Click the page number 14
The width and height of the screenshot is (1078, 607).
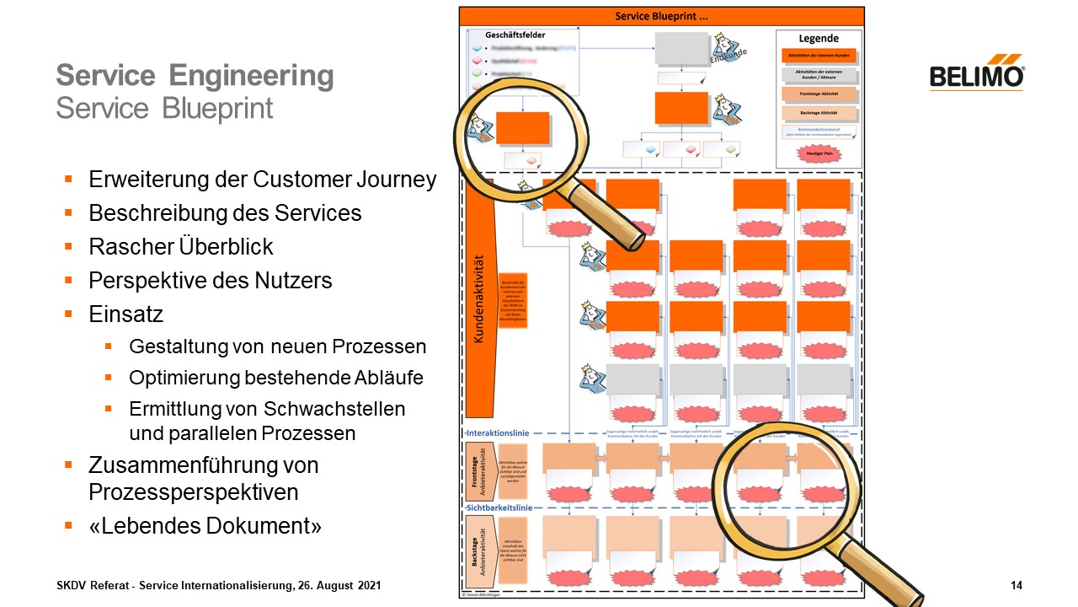[1016, 585]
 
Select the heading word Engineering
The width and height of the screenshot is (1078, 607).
[251, 76]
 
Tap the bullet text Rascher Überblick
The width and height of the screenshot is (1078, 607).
[181, 247]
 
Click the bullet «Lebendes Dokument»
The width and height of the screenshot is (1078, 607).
[205, 526]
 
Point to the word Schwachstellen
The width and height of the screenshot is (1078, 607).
[334, 409]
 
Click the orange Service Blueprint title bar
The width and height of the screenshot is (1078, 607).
[661, 16]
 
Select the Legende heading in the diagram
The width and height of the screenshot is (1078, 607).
[819, 38]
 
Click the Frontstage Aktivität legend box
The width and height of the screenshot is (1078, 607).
[819, 94]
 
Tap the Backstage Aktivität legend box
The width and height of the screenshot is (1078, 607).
[819, 113]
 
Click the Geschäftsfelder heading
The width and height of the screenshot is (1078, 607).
[515, 35]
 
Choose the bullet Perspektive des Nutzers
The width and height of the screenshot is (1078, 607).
[211, 281]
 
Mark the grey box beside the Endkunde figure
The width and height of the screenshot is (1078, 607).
[681, 50]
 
